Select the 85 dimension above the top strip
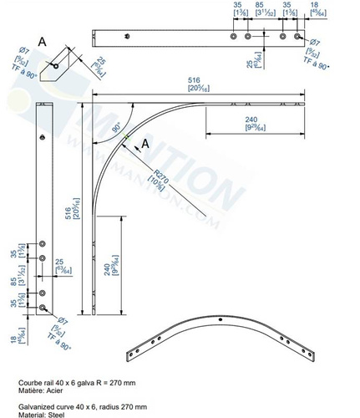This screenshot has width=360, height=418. tap(261, 8)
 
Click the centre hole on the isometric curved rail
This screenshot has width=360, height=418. tap(220, 319)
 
